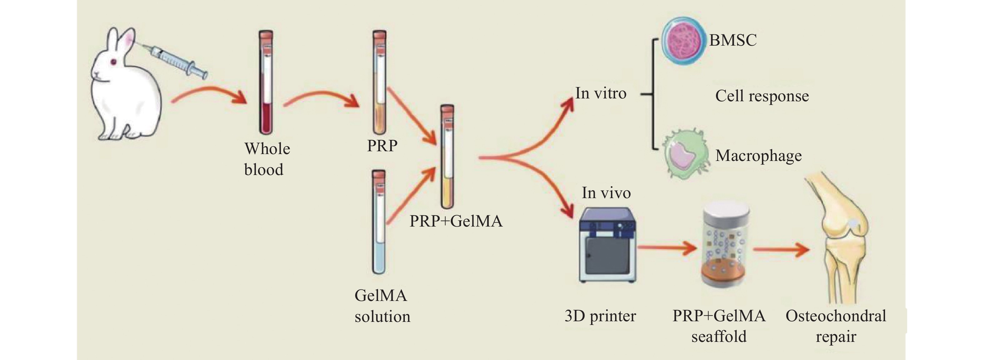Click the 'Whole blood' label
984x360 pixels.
(x=267, y=159)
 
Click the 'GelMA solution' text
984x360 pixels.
(x=382, y=306)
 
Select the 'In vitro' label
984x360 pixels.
(x=600, y=93)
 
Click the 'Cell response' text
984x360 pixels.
(x=762, y=96)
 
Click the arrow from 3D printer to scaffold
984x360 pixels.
(x=667, y=248)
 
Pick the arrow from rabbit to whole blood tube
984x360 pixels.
(x=208, y=96)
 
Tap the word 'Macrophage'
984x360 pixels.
(x=758, y=156)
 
